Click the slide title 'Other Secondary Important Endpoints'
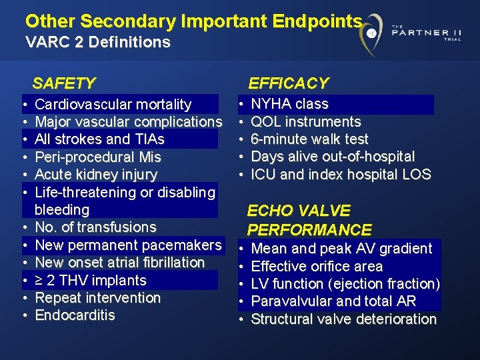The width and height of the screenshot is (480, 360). point(194,21)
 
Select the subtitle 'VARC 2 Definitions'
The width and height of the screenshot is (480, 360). point(98,43)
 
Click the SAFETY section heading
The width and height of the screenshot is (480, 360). point(64,83)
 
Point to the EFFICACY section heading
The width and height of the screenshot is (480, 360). point(289,83)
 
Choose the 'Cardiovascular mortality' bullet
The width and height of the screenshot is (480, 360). point(113,105)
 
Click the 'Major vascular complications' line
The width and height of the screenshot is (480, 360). point(128,122)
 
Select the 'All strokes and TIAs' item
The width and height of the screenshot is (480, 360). point(99,139)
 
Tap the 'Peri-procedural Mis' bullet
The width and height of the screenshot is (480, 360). point(98,157)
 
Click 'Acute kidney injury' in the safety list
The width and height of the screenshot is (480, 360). point(96,175)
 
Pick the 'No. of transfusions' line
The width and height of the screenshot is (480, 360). point(95,227)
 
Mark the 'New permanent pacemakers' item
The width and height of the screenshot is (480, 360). point(128,245)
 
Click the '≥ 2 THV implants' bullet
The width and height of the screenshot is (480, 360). point(91,280)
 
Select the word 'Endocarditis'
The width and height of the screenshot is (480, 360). point(75,315)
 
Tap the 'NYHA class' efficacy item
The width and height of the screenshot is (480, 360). point(289,104)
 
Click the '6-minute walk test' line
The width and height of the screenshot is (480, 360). point(309,139)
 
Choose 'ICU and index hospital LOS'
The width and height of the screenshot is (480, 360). point(341,175)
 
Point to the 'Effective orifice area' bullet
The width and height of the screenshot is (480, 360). point(317,267)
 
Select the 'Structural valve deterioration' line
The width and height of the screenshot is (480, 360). point(343,319)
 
